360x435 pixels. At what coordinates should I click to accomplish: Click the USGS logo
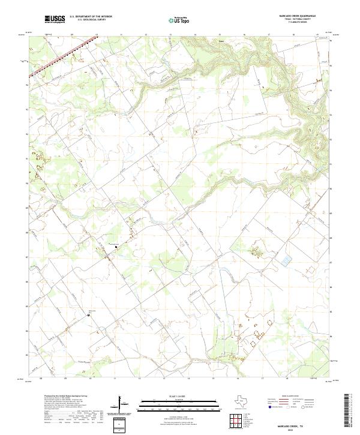tap(55, 19)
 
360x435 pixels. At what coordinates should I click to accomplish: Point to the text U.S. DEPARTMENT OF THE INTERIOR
tap(91, 17)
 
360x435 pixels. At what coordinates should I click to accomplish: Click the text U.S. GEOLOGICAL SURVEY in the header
tap(91, 20)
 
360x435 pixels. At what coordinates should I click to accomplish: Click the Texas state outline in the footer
tap(242, 400)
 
